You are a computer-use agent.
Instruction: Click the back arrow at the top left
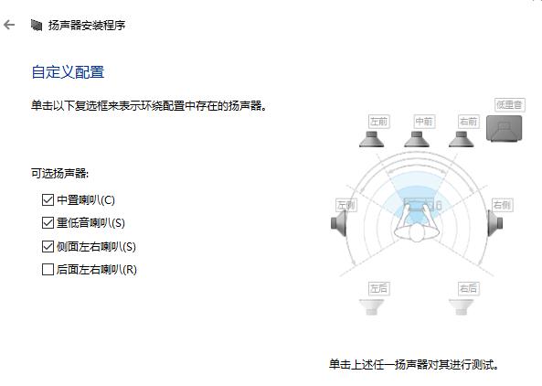[x=9, y=25]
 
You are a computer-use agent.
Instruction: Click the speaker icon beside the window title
[x=37, y=25]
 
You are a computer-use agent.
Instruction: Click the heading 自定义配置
[x=68, y=72]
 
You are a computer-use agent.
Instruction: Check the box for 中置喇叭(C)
[x=48, y=200]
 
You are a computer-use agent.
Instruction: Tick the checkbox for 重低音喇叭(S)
[x=48, y=223]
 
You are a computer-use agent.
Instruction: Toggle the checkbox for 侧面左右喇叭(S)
[x=48, y=246]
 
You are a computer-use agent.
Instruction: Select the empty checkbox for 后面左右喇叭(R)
[x=48, y=269]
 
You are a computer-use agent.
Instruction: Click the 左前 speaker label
[x=378, y=122]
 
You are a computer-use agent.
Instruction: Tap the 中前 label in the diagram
[x=424, y=122]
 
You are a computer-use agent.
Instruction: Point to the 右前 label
[x=468, y=122]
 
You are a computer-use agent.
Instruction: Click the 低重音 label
[x=509, y=104]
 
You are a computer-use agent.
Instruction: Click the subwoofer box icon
[x=504, y=128]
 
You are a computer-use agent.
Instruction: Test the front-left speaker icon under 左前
[x=372, y=139]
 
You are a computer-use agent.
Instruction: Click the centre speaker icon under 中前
[x=417, y=139]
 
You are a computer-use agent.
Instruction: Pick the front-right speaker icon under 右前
[x=462, y=139]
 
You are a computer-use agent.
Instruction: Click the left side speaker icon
[x=339, y=223]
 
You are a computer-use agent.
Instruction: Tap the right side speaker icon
[x=495, y=223]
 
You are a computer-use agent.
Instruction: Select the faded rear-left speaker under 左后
[x=372, y=306]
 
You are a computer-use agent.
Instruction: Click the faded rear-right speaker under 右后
[x=462, y=306]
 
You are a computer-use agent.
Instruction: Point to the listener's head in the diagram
[x=417, y=233]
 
